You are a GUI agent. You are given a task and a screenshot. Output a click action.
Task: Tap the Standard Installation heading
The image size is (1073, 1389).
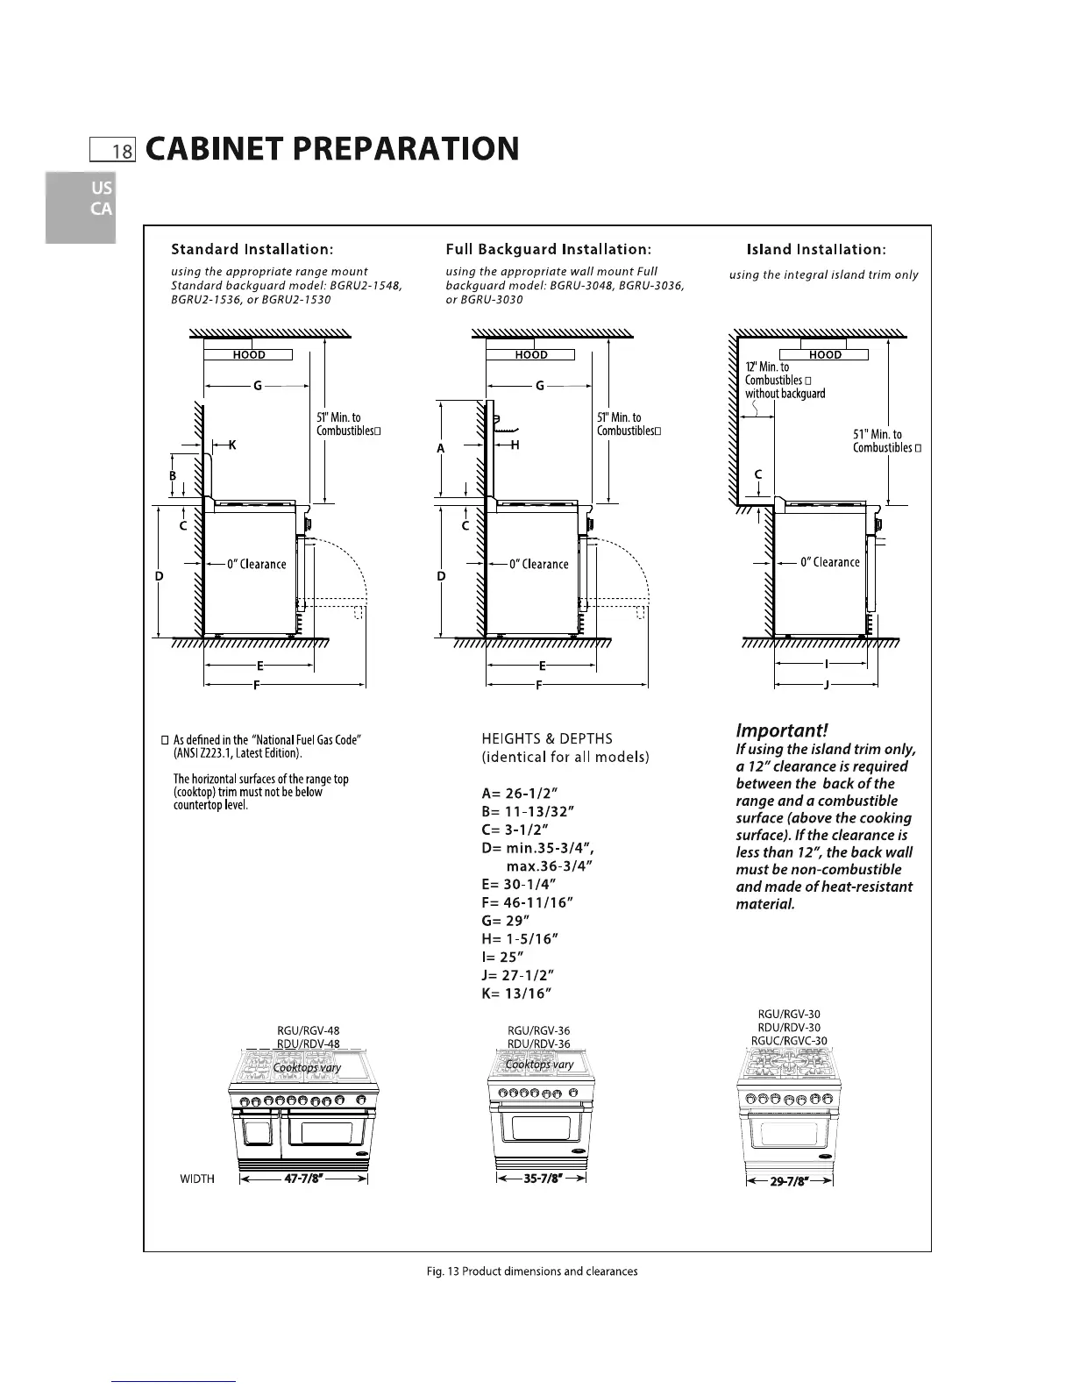pyautogui.click(x=252, y=250)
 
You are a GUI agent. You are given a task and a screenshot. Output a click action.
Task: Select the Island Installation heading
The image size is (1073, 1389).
pyautogui.click(x=815, y=250)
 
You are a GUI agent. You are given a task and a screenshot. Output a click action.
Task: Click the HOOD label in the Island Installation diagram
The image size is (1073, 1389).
pyautogui.click(x=825, y=355)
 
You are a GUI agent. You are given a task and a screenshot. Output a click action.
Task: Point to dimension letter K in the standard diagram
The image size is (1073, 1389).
pyautogui.click(x=231, y=445)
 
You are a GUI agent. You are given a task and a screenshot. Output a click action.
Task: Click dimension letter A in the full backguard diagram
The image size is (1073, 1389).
pyautogui.click(x=441, y=448)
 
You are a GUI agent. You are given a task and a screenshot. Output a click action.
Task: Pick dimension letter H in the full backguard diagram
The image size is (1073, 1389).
pyautogui.click(x=515, y=445)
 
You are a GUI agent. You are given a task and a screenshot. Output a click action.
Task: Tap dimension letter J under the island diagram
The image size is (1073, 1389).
pyautogui.click(x=827, y=685)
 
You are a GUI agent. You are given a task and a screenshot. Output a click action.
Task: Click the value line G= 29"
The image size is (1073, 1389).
pyautogui.click(x=506, y=920)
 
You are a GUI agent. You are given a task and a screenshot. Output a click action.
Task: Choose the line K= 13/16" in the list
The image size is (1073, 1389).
pyautogui.click(x=515, y=994)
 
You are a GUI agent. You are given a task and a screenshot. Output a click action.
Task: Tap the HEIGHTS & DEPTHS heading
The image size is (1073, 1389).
pyautogui.click(x=547, y=738)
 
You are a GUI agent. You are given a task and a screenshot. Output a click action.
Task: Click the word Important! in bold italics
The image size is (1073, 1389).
pyautogui.click(x=781, y=730)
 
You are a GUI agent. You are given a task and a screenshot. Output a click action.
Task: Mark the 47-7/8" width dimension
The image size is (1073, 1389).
pyautogui.click(x=303, y=1178)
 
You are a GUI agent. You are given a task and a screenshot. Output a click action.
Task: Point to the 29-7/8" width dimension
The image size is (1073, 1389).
pyautogui.click(x=789, y=1179)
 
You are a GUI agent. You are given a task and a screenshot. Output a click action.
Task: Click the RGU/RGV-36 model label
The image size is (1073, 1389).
pyautogui.click(x=539, y=1030)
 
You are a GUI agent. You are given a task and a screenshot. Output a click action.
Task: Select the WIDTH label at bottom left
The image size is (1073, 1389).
pyautogui.click(x=197, y=1178)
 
